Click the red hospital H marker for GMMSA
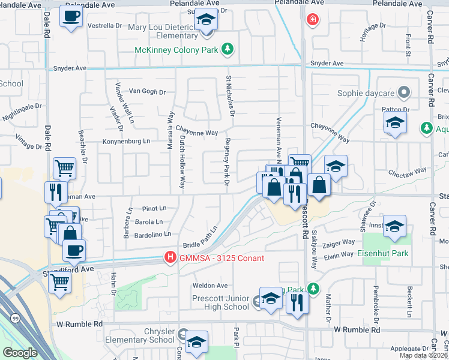[x=170, y=258]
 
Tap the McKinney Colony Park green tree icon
[x=228, y=49]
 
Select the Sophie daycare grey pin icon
[x=405, y=93]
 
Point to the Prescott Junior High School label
[x=220, y=302]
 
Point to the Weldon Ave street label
[x=210, y=286]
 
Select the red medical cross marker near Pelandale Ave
[x=312, y=20]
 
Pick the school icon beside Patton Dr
[x=395, y=124]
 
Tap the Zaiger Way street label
[x=339, y=243]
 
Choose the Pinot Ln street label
[x=154, y=209]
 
